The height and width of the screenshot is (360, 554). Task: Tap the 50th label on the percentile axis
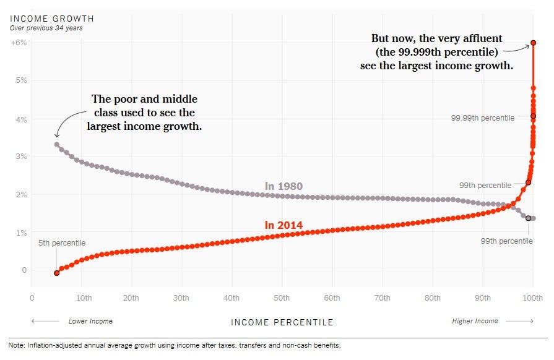point(282,298)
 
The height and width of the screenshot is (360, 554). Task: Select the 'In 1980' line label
point(283,186)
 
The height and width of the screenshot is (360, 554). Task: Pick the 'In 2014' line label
point(283,225)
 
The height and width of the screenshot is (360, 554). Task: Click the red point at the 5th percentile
point(57,273)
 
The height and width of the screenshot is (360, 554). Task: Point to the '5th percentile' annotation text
point(61,243)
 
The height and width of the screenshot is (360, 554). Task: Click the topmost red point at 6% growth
point(533,43)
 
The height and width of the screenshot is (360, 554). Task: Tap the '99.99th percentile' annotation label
point(483,118)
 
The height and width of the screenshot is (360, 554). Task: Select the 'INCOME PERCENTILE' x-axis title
point(282,322)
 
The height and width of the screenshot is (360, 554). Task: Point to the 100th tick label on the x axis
point(532,298)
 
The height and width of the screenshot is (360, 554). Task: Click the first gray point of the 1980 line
point(57,145)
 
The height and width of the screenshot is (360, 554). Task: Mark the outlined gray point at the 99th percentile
point(528,218)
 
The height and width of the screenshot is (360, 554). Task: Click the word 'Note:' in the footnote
point(18,345)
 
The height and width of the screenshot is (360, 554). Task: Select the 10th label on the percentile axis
point(84,298)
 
